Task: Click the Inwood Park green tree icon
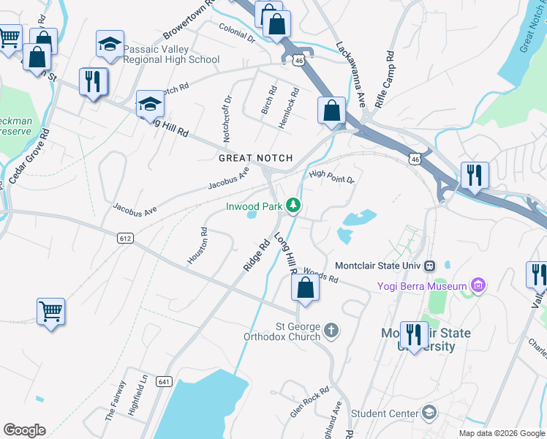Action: pos(293,206)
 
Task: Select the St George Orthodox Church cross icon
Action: pos(331,331)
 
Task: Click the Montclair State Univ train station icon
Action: pos(431,265)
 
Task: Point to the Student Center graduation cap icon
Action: pos(428,413)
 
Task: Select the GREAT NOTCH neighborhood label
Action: pos(255,158)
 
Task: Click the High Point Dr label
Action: pos(331,176)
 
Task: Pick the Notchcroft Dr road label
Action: pos(227,119)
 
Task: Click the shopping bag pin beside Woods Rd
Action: pos(306,288)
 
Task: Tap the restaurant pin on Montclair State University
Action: pos(414,335)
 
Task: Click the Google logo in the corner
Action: pos(23,430)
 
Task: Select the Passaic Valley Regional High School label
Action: pos(171,54)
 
